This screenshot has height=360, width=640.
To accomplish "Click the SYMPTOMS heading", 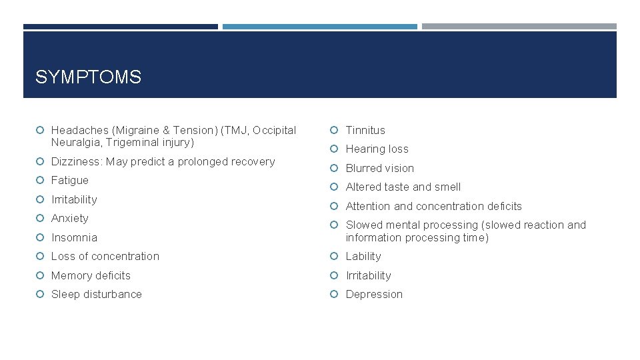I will coord(88,77).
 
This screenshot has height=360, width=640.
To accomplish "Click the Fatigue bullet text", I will coord(70,180).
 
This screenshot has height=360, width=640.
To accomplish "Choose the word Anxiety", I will coord(70,218).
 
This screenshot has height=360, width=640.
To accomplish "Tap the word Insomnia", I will coord(74,237).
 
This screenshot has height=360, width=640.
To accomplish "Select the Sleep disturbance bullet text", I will coord(97,294).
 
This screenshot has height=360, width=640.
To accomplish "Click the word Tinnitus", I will coord(365,130).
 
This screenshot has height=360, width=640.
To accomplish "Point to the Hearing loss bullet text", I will coord(377,149).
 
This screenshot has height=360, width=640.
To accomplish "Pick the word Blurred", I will coord(363,168).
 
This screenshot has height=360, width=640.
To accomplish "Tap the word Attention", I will coord(369,206).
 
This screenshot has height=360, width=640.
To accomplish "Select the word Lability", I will coord(363,256).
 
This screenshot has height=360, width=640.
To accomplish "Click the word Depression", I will coord(374,294).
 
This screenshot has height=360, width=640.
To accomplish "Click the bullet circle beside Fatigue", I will coord(41,180).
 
